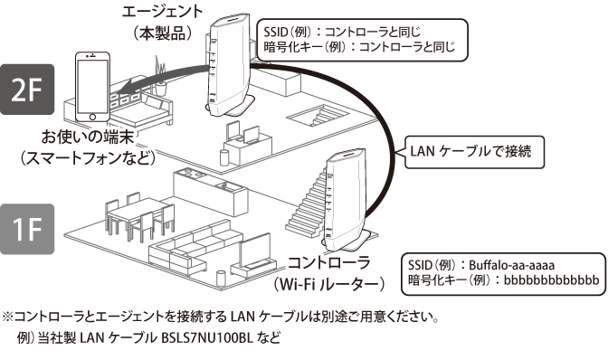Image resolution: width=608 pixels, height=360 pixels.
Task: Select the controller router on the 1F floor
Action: click(x=347, y=202)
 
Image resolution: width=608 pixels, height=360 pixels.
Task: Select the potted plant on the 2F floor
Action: click(x=161, y=68)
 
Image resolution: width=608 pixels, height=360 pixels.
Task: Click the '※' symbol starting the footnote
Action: click(x=8, y=318)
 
